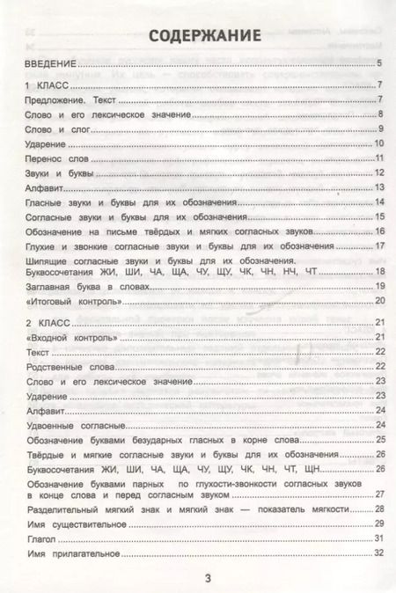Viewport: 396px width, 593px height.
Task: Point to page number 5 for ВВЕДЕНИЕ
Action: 378,63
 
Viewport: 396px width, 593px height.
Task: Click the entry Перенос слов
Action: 55,158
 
